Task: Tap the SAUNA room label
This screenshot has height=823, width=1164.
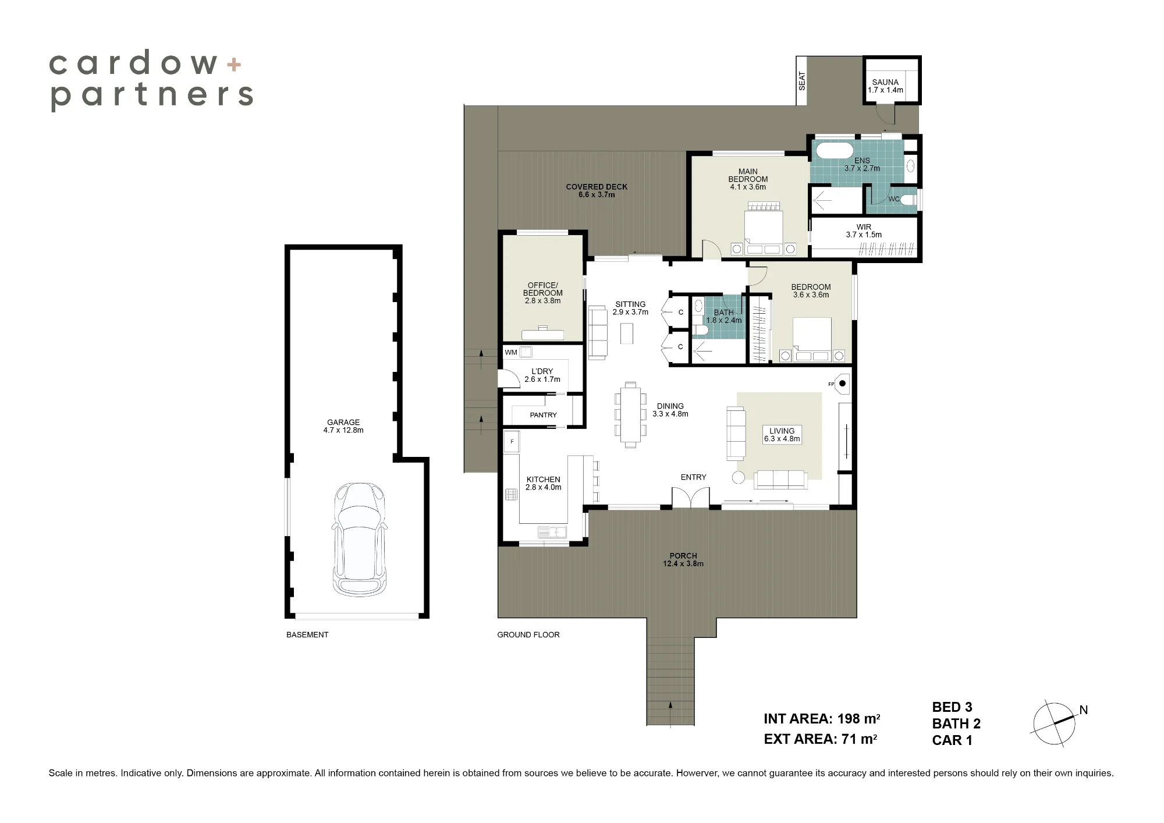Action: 885,82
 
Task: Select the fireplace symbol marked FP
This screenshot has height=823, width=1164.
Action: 842,384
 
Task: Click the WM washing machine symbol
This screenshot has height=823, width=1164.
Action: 526,352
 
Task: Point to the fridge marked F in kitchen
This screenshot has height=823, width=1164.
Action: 512,442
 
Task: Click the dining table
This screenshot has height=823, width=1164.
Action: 630,414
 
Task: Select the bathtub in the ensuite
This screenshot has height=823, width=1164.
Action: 834,151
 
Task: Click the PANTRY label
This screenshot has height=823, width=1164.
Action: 543,415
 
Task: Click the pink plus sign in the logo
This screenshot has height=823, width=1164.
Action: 234,64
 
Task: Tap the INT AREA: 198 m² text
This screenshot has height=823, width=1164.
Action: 822,719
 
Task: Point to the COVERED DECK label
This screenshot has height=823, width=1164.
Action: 597,187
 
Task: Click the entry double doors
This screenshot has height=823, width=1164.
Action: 691,498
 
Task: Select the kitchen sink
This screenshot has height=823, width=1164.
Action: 552,532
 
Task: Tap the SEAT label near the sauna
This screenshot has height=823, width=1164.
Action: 802,81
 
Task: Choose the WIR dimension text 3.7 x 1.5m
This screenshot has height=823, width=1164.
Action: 864,235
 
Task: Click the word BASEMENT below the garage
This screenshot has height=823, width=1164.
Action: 307,635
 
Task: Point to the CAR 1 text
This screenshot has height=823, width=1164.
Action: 952,740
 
